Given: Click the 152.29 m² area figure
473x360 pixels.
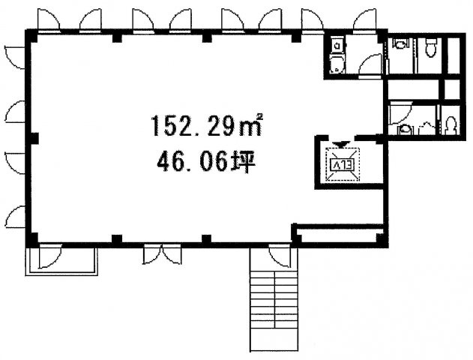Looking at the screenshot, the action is click(206, 125).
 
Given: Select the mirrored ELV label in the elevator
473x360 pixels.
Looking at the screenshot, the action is click(343, 164).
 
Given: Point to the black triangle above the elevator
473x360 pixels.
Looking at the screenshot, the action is click(341, 145).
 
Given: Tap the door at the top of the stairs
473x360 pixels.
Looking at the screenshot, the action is click(280, 256).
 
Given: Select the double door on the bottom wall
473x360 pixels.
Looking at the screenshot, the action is click(163, 255).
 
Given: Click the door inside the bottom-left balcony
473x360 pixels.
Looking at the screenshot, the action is click(49, 256).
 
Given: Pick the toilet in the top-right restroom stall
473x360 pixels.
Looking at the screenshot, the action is click(430, 48).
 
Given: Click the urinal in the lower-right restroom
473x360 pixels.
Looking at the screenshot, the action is click(451, 124).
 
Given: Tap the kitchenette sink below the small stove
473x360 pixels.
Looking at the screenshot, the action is click(337, 64).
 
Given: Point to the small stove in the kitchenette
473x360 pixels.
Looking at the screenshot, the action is click(337, 45).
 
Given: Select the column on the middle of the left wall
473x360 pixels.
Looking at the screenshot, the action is click(34, 138).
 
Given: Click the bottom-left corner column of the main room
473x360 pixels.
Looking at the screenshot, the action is click(32, 238).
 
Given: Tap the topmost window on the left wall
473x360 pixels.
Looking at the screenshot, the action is click(15, 58).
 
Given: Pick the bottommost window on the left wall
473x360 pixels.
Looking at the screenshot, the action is click(15, 216).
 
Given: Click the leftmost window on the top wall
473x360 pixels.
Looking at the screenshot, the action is click(49, 20).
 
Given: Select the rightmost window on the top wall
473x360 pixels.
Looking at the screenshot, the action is click(364, 20).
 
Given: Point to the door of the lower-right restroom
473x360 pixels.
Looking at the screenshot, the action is click(400, 113).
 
